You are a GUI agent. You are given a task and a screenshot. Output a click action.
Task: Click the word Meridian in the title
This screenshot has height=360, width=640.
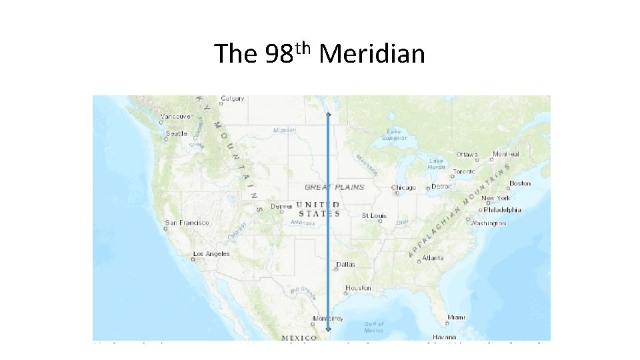[x=371, y=53]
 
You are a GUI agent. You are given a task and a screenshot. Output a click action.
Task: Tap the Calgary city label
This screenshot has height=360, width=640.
[x=233, y=99]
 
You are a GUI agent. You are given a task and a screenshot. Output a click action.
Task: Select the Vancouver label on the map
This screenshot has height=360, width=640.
[x=177, y=116]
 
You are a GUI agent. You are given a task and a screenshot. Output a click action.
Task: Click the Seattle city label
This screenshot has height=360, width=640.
[x=177, y=133]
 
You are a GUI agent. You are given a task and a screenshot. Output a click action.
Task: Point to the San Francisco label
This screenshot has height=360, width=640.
[x=187, y=223]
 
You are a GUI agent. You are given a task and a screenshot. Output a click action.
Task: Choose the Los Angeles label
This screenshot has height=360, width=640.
[x=211, y=254]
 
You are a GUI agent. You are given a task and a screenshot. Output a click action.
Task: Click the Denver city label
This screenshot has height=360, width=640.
[x=282, y=206]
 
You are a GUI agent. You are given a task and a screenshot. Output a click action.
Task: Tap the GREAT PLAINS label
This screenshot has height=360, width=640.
[x=335, y=187]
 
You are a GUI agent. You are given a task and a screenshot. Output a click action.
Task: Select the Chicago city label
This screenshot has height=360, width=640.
[x=404, y=188]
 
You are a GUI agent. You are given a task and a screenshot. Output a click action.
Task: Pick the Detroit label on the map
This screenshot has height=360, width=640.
[x=442, y=187]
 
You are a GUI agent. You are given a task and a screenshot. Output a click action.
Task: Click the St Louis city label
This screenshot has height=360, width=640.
[x=375, y=216]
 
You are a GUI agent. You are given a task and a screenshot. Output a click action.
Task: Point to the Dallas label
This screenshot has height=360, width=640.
[x=346, y=265]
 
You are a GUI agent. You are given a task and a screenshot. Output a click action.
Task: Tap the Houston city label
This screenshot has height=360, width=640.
[x=358, y=289]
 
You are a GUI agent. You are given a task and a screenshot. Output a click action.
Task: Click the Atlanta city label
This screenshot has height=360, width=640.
[x=433, y=257]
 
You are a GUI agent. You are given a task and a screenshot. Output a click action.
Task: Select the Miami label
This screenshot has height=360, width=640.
[x=457, y=317]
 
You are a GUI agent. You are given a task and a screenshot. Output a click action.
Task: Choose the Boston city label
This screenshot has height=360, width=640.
[x=520, y=183]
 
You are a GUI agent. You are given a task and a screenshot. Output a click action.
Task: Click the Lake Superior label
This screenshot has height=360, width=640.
[x=394, y=135]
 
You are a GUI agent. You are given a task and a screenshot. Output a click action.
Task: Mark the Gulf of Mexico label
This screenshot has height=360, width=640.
[x=374, y=327]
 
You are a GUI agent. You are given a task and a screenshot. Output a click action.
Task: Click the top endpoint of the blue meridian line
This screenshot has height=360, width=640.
[x=328, y=115]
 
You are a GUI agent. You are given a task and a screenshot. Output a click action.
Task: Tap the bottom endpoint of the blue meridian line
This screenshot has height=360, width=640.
[x=328, y=329]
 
